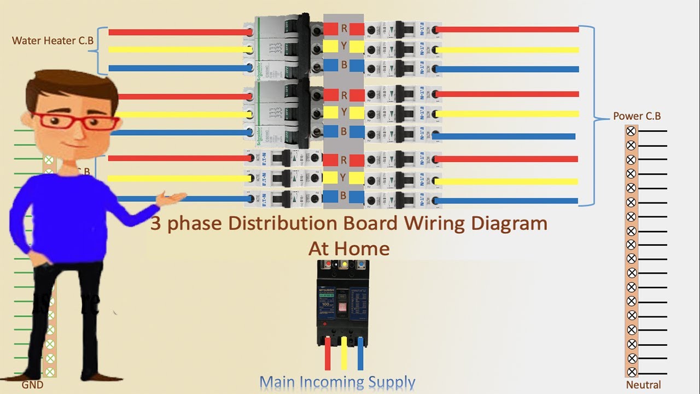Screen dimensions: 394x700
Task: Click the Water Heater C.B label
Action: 52,40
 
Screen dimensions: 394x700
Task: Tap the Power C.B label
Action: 637,116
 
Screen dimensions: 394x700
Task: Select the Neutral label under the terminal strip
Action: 644,385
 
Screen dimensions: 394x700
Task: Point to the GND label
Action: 32,385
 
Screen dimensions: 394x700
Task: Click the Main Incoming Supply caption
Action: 337,382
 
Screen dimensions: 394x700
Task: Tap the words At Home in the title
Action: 349,248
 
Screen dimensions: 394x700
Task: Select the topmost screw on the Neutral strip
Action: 631,131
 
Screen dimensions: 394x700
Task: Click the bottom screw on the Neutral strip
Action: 631,372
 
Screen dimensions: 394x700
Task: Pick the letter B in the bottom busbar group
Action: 344,196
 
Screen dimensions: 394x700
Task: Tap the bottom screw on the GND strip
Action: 50,372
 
